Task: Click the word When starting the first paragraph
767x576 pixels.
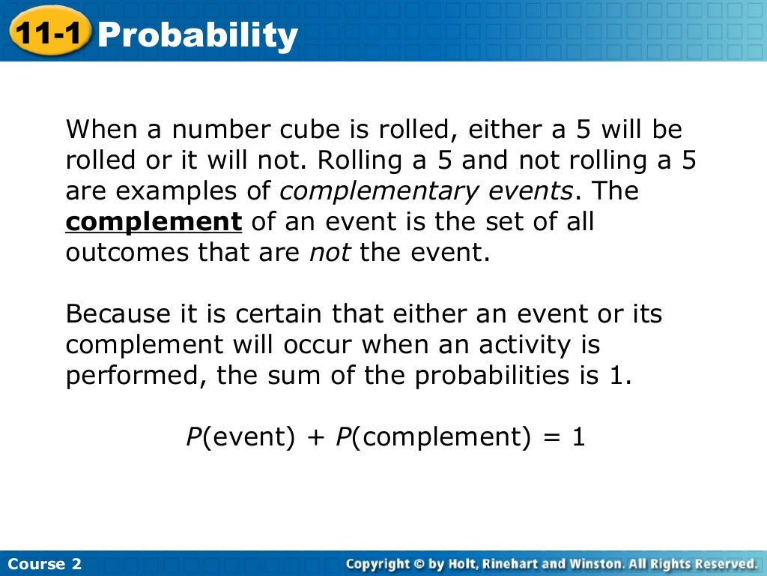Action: tap(100, 130)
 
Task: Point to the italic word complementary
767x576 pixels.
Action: tap(378, 192)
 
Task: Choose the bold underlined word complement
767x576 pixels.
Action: tap(154, 222)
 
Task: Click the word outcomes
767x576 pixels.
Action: tap(128, 253)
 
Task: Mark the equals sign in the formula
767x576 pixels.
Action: tap(552, 437)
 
